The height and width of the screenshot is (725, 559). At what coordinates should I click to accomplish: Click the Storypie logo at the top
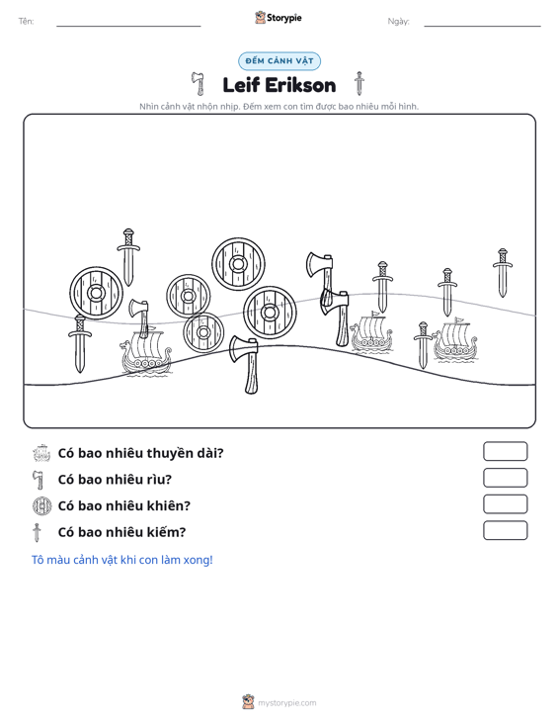[x=279, y=18]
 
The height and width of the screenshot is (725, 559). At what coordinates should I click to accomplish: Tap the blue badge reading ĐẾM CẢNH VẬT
[x=279, y=61]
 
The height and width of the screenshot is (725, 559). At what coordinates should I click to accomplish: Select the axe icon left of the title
[x=199, y=84]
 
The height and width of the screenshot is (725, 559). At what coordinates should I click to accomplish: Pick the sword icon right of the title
[x=359, y=83]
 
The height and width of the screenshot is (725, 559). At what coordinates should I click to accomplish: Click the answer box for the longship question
[x=505, y=451]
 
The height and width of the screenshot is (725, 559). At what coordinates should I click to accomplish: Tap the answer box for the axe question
[x=505, y=478]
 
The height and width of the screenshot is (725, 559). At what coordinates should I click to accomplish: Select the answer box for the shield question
[x=505, y=504]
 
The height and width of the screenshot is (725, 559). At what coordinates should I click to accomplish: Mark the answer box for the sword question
[x=505, y=530]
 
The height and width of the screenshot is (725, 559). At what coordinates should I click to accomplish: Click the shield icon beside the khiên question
[x=42, y=505]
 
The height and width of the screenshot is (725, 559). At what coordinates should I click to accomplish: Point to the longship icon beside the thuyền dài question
[x=42, y=453]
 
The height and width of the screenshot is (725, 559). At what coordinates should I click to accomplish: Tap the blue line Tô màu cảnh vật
[x=121, y=560]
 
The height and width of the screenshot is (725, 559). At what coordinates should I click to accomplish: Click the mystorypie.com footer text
[x=287, y=703]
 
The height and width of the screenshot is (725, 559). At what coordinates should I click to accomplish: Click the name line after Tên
[x=128, y=26]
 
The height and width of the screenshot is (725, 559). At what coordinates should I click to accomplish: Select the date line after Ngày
[x=482, y=26]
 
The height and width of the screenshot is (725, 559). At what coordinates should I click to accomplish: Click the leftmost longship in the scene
[x=145, y=352]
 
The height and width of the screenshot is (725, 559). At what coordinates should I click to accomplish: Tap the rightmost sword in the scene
[x=503, y=273]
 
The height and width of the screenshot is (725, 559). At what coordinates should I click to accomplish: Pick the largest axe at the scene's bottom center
[x=245, y=364]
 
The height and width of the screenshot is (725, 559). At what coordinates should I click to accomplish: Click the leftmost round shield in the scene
[x=96, y=293]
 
